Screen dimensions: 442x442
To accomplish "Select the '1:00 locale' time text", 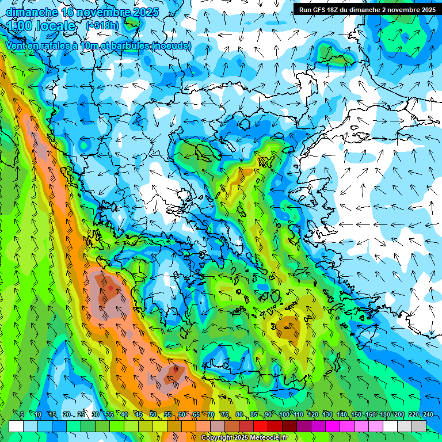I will point(41,26).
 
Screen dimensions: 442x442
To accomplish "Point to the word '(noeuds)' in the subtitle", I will point(171,45).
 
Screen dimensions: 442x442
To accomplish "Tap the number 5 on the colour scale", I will point(22,414).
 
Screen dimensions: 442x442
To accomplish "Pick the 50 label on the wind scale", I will point(153,414).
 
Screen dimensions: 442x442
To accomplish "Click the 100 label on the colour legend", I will point(284,414).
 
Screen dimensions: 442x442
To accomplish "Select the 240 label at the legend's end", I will point(428,414).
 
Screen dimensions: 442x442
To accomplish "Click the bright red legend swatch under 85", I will point(261,426).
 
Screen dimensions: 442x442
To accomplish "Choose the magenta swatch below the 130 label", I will point(333,426).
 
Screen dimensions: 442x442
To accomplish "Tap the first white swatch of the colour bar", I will point(16,426).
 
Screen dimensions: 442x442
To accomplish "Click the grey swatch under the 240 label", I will point(419,426).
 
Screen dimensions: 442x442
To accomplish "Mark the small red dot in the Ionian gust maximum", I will point(110,288).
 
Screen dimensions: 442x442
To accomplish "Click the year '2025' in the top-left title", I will point(146,12).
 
